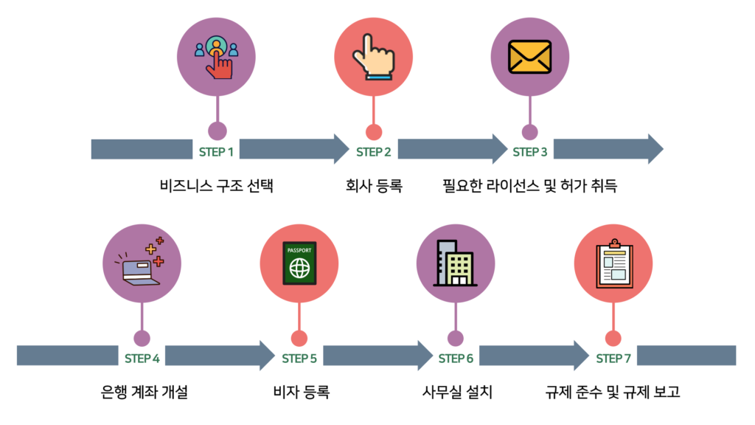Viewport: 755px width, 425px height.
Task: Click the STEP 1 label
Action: click(x=216, y=152)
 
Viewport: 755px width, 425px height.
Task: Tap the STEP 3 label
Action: click(x=529, y=152)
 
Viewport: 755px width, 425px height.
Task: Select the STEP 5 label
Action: click(x=299, y=359)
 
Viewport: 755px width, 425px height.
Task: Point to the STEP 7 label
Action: click(x=613, y=359)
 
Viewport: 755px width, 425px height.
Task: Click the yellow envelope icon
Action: click(x=529, y=58)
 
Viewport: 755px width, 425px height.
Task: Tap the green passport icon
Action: click(x=299, y=264)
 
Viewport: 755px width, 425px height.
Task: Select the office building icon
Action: click(x=455, y=263)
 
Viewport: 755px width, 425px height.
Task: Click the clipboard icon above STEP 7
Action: click(x=613, y=264)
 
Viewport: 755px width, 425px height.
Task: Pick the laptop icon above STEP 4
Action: click(x=141, y=263)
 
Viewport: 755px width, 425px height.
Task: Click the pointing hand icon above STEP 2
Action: click(x=373, y=58)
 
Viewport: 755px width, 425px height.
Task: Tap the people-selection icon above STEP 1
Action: click(x=217, y=58)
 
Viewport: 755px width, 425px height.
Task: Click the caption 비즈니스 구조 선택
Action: click(x=216, y=185)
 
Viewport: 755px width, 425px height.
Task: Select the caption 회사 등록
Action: click(x=373, y=185)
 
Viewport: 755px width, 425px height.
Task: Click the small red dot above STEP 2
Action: click(x=374, y=132)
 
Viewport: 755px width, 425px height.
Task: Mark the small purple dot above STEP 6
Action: click(x=456, y=339)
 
